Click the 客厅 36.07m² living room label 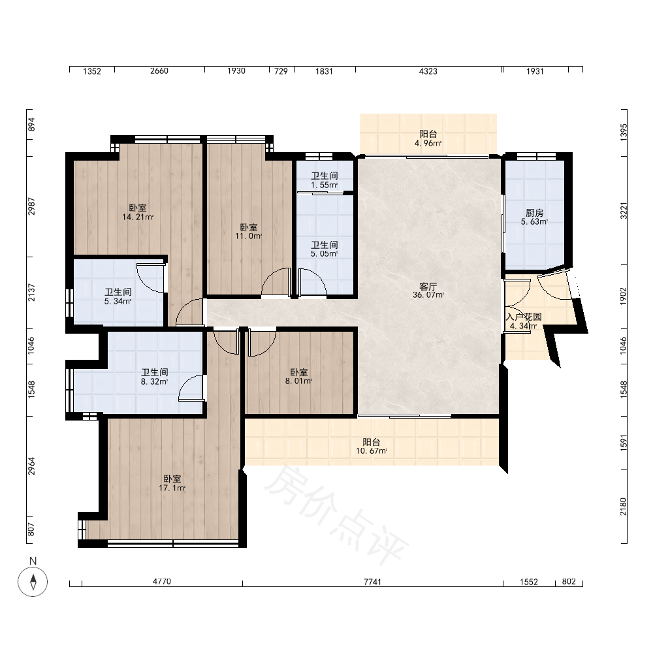click(x=428, y=291)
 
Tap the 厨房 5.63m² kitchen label click(x=534, y=217)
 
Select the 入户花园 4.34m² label click(x=524, y=321)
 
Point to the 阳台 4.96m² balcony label click(x=428, y=138)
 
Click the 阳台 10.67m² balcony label click(x=372, y=447)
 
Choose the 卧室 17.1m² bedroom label click(x=172, y=483)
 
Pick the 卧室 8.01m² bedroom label click(x=298, y=377)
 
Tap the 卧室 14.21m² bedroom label click(x=137, y=212)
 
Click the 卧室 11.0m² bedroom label click(x=249, y=232)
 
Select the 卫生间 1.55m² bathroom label click(x=325, y=180)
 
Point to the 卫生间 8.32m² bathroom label click(x=155, y=377)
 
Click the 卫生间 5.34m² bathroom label click(x=118, y=296)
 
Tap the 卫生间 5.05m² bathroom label click(x=325, y=249)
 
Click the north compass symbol click(x=33, y=581)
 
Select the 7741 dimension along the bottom click(x=372, y=582)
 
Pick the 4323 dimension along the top click(x=428, y=71)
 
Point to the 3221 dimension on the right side click(x=623, y=211)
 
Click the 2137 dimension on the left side click(x=31, y=293)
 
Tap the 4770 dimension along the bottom click(x=161, y=581)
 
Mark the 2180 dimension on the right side click(x=623, y=507)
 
